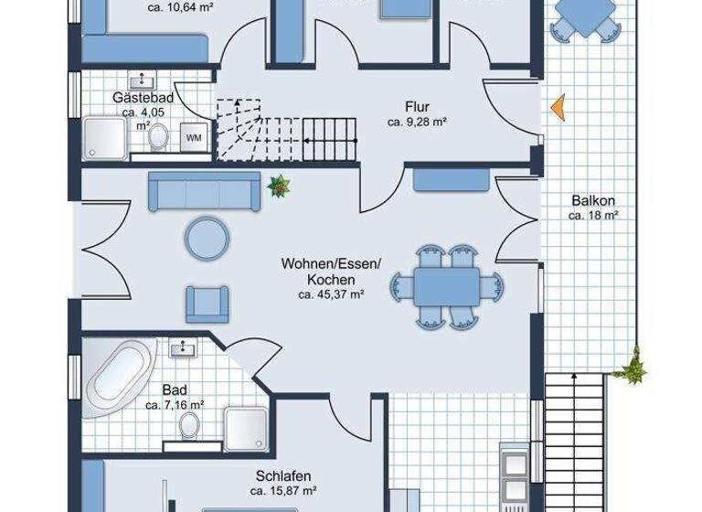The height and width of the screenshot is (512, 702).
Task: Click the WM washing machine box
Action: tap(194, 137)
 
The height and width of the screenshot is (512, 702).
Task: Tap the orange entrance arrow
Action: tap(557, 107)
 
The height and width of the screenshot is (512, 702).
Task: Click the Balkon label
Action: tap(593, 201)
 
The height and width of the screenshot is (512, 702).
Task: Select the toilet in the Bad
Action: tap(189, 425)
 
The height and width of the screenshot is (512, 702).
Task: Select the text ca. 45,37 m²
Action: tap(331, 294)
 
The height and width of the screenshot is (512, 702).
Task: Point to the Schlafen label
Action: tap(284, 475)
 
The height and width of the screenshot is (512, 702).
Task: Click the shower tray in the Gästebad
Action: tap(105, 137)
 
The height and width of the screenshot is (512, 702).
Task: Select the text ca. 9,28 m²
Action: tap(415, 121)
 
